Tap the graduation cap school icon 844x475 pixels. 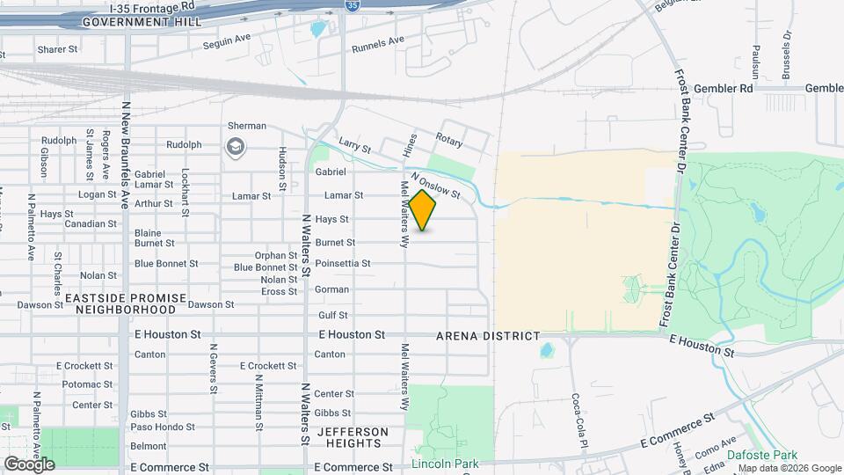[x=235, y=145]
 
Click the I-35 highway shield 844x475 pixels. [x=352, y=6]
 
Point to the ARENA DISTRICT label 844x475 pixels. [x=488, y=336]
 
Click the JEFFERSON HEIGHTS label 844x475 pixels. [x=353, y=437]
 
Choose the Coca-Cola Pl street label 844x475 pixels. [x=578, y=420]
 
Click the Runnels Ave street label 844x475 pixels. [x=377, y=40]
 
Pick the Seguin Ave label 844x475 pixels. [x=228, y=42]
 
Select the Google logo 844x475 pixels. [x=29, y=464]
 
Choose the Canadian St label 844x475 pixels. [x=85, y=223]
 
